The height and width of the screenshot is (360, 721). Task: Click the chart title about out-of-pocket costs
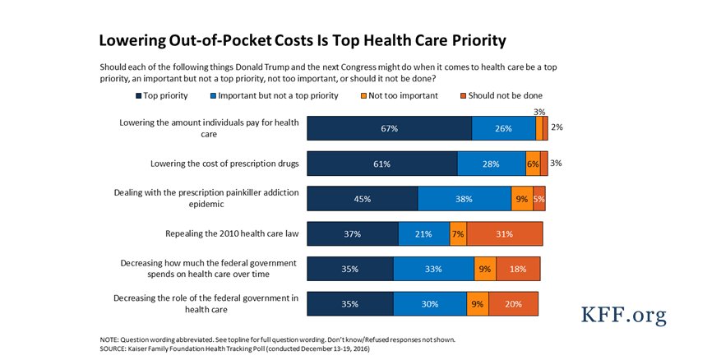click(x=302, y=40)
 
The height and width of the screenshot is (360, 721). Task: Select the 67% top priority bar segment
click(x=389, y=128)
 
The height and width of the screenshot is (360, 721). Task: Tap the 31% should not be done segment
click(x=505, y=233)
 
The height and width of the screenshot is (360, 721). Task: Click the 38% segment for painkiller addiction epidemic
click(x=464, y=199)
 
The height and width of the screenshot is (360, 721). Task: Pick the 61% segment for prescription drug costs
click(x=381, y=164)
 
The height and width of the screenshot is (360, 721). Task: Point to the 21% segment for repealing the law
click(x=424, y=233)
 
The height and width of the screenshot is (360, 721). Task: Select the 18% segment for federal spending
click(x=518, y=269)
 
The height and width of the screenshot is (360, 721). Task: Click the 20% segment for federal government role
click(x=514, y=303)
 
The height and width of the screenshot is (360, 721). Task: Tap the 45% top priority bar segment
click(x=362, y=199)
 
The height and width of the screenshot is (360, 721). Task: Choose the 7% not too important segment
click(x=458, y=233)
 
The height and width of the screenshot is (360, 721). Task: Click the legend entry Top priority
click(x=163, y=95)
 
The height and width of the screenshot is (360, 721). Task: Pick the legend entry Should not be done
click(x=501, y=95)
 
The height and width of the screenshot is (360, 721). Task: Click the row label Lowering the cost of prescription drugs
click(x=224, y=164)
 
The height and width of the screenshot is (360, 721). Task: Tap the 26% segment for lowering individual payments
click(x=503, y=128)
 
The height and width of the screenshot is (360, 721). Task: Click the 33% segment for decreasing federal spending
click(x=433, y=269)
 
